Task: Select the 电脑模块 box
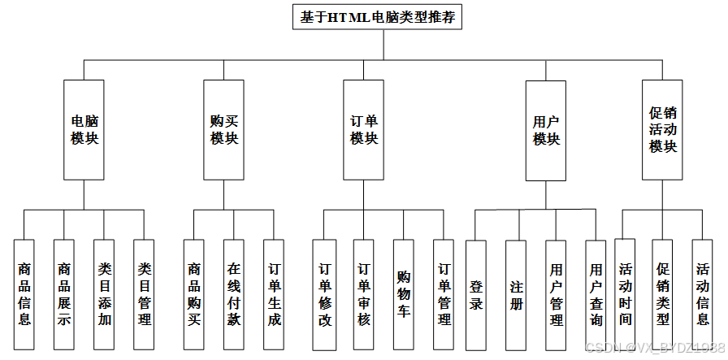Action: (x=84, y=130)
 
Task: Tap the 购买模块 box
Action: (x=223, y=130)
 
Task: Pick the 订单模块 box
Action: (x=363, y=130)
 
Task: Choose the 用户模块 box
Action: (x=546, y=130)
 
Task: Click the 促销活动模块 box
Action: (x=662, y=130)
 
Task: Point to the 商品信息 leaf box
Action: (x=24, y=294)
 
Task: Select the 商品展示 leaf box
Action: (x=64, y=294)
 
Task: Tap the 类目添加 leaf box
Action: (x=104, y=294)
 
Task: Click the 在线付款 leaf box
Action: (x=234, y=294)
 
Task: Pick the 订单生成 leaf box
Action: (x=274, y=294)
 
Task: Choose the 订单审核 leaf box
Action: (x=363, y=294)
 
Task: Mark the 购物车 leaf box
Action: (x=403, y=294)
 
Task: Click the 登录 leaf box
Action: (x=476, y=294)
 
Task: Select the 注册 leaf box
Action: (x=516, y=294)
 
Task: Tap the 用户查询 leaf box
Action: (x=596, y=294)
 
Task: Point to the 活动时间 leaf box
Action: (x=624, y=293)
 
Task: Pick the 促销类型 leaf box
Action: (x=662, y=293)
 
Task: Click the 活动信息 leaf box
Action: (x=702, y=293)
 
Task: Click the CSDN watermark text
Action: (x=654, y=348)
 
